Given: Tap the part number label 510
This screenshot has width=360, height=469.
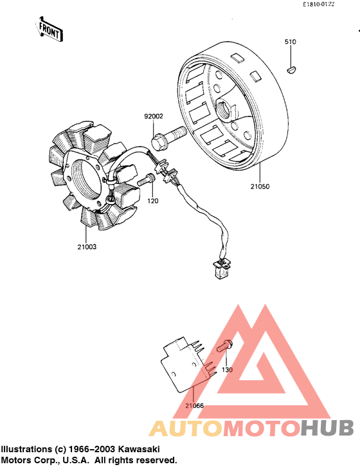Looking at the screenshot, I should coord(291,42).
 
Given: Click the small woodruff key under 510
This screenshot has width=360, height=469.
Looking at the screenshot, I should coord(291,66).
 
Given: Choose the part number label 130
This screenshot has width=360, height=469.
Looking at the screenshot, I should coord(227,370).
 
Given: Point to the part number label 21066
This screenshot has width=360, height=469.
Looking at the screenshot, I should coord(194,406).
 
